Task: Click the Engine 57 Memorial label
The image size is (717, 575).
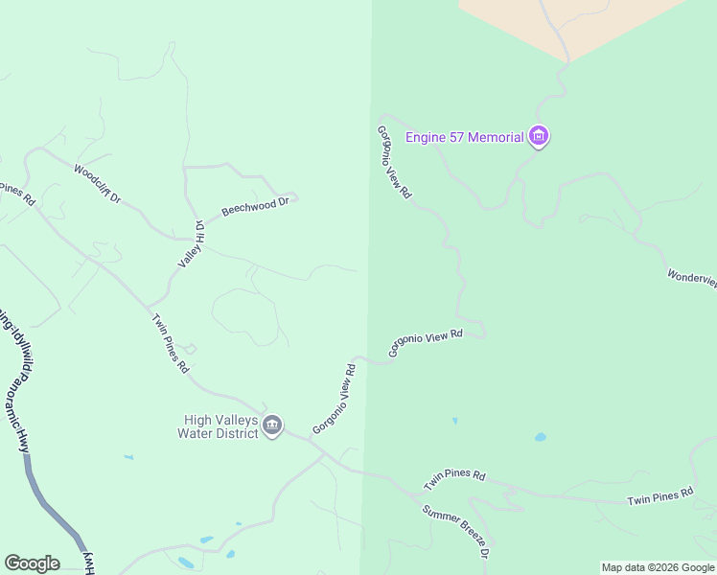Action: [x=465, y=137]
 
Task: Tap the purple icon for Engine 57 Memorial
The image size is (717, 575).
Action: [x=539, y=137]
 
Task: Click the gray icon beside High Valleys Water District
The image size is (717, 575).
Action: [x=272, y=425]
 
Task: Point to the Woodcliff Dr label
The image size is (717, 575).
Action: [x=97, y=183]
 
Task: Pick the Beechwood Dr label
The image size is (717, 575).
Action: [x=255, y=206]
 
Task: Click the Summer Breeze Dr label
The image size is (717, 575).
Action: [x=456, y=530]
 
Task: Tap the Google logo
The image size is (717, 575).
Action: [x=32, y=563]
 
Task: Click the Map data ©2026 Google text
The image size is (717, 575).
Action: [x=658, y=567]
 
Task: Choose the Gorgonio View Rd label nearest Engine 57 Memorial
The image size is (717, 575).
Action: [x=394, y=162]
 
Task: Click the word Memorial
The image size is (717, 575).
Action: [x=493, y=137]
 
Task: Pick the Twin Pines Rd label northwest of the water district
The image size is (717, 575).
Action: [x=170, y=342]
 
